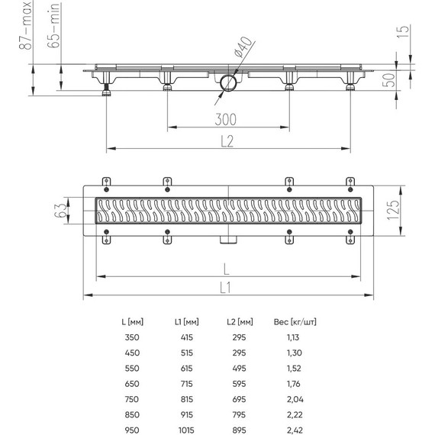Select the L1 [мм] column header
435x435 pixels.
coord(186,321)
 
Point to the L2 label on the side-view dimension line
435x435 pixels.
coord(227,139)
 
